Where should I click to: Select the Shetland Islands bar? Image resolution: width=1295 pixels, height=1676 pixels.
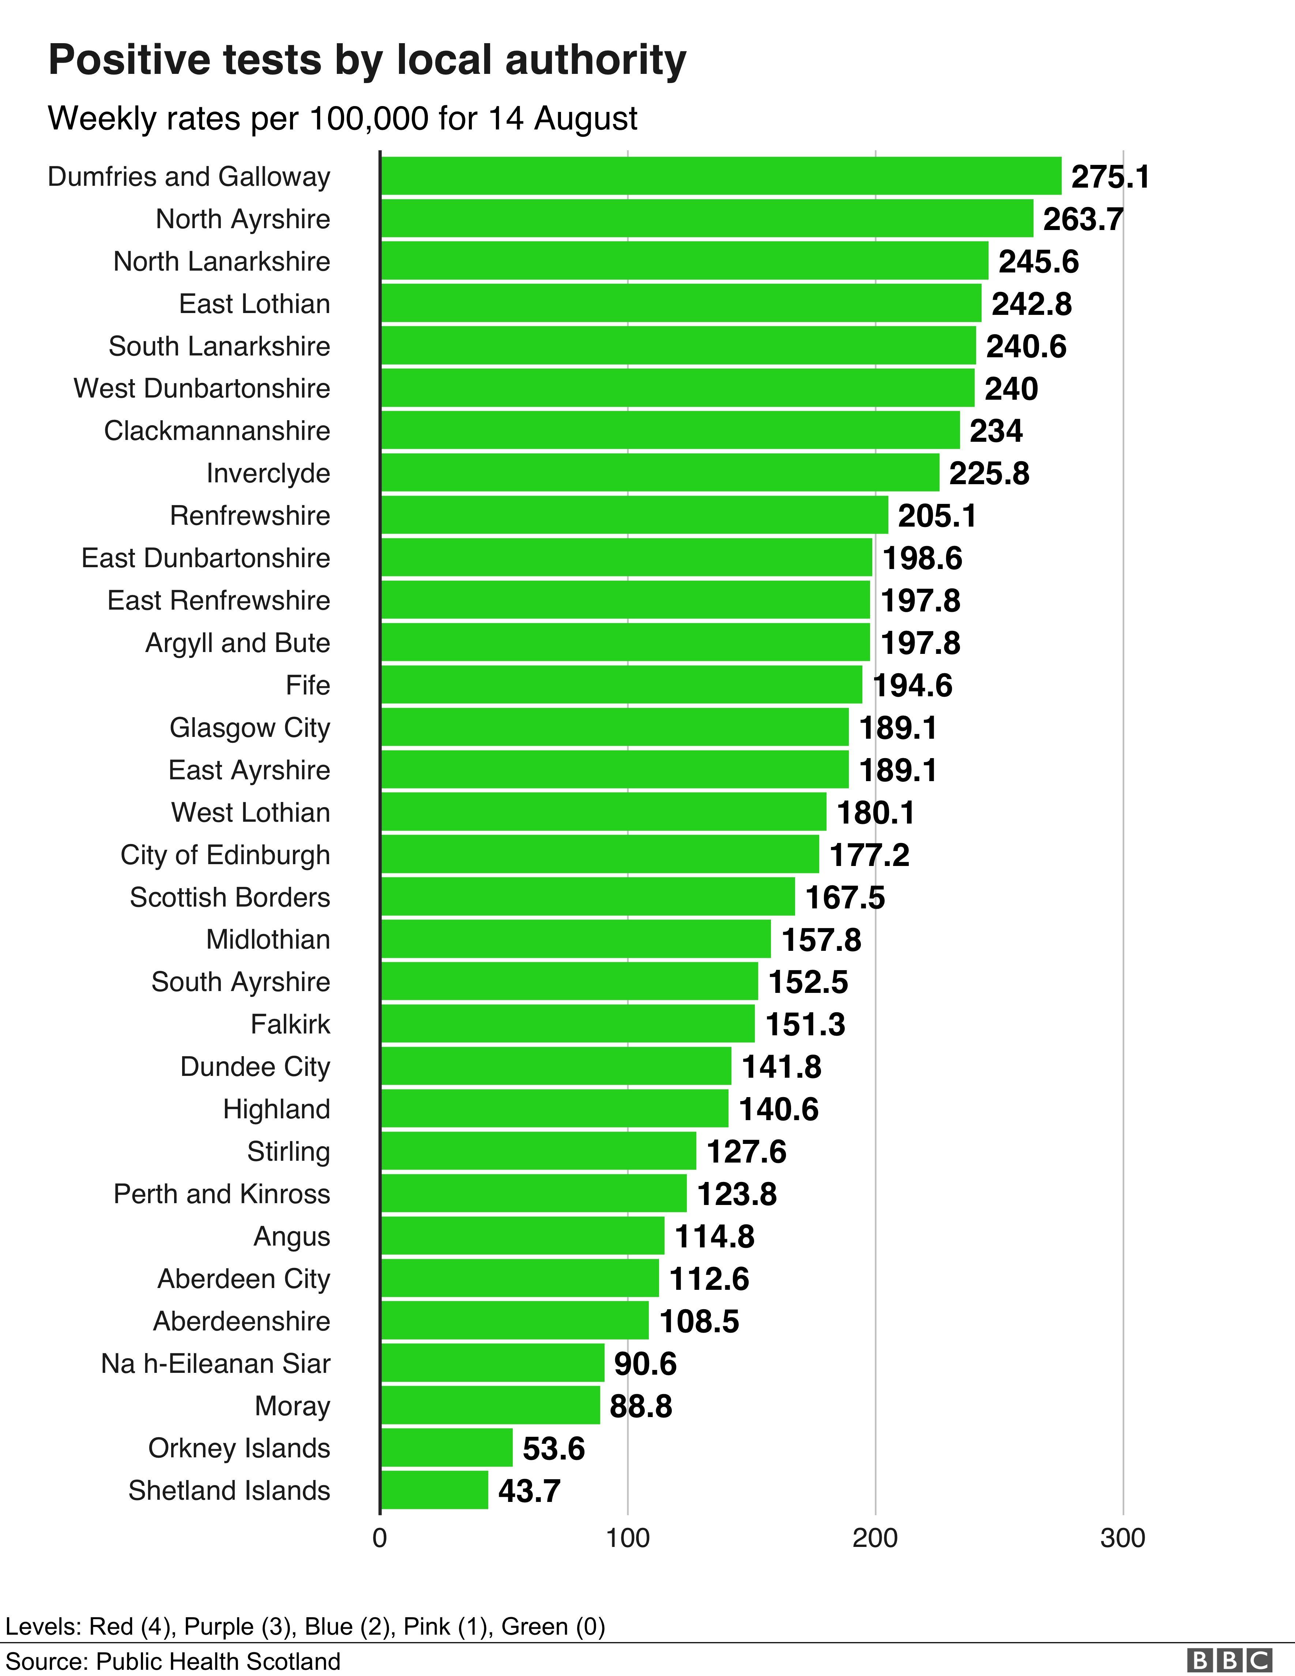434,1489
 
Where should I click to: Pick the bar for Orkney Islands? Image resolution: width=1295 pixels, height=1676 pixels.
447,1447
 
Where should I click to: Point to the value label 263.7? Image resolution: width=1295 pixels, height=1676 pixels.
1083,219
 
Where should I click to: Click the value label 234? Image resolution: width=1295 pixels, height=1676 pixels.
995,431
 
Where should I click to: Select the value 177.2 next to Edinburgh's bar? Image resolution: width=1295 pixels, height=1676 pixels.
869,855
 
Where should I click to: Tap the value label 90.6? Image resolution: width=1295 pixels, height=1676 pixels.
645,1364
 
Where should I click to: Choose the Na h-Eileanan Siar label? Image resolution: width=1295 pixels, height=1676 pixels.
216,1364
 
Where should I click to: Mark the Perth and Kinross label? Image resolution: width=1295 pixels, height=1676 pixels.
222,1194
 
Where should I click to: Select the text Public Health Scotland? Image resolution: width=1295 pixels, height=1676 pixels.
218,1661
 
